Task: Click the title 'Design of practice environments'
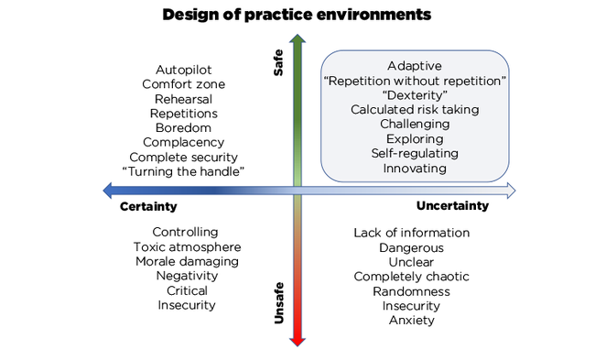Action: point(297,15)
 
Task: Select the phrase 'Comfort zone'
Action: point(184,84)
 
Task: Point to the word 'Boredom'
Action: point(184,127)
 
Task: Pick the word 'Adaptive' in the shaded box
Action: point(415,66)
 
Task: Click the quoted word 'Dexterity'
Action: point(415,95)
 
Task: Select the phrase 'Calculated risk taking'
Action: point(415,110)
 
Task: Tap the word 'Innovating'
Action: point(415,168)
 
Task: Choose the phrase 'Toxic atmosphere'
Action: point(187,247)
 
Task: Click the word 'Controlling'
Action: point(185,233)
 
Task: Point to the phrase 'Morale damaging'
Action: point(186,262)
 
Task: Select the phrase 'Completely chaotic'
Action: point(411,277)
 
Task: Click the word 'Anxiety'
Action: point(411,320)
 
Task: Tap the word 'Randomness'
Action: point(411,291)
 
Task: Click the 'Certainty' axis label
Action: point(148,207)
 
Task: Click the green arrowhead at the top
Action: point(297,40)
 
